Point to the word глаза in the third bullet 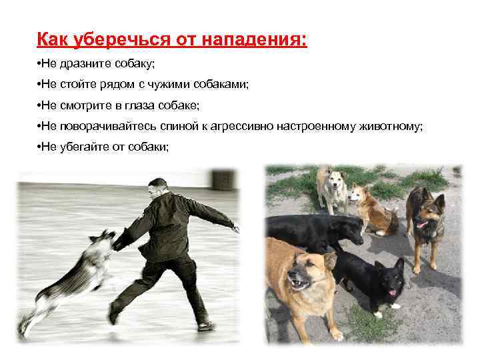click(145, 105)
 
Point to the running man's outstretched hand click(235, 228)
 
